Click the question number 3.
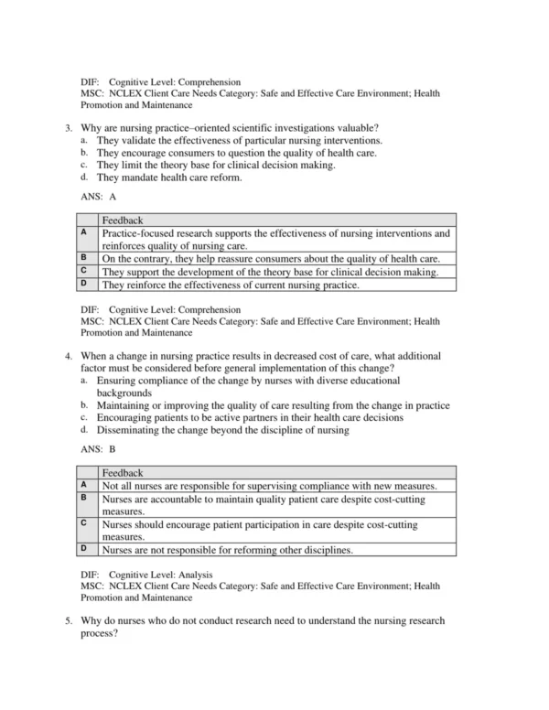point(69,125)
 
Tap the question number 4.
point(69,355)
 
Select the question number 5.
point(69,621)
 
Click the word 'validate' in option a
point(138,140)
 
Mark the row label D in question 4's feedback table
point(83,549)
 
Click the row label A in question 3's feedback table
point(83,233)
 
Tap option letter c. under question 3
point(84,165)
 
